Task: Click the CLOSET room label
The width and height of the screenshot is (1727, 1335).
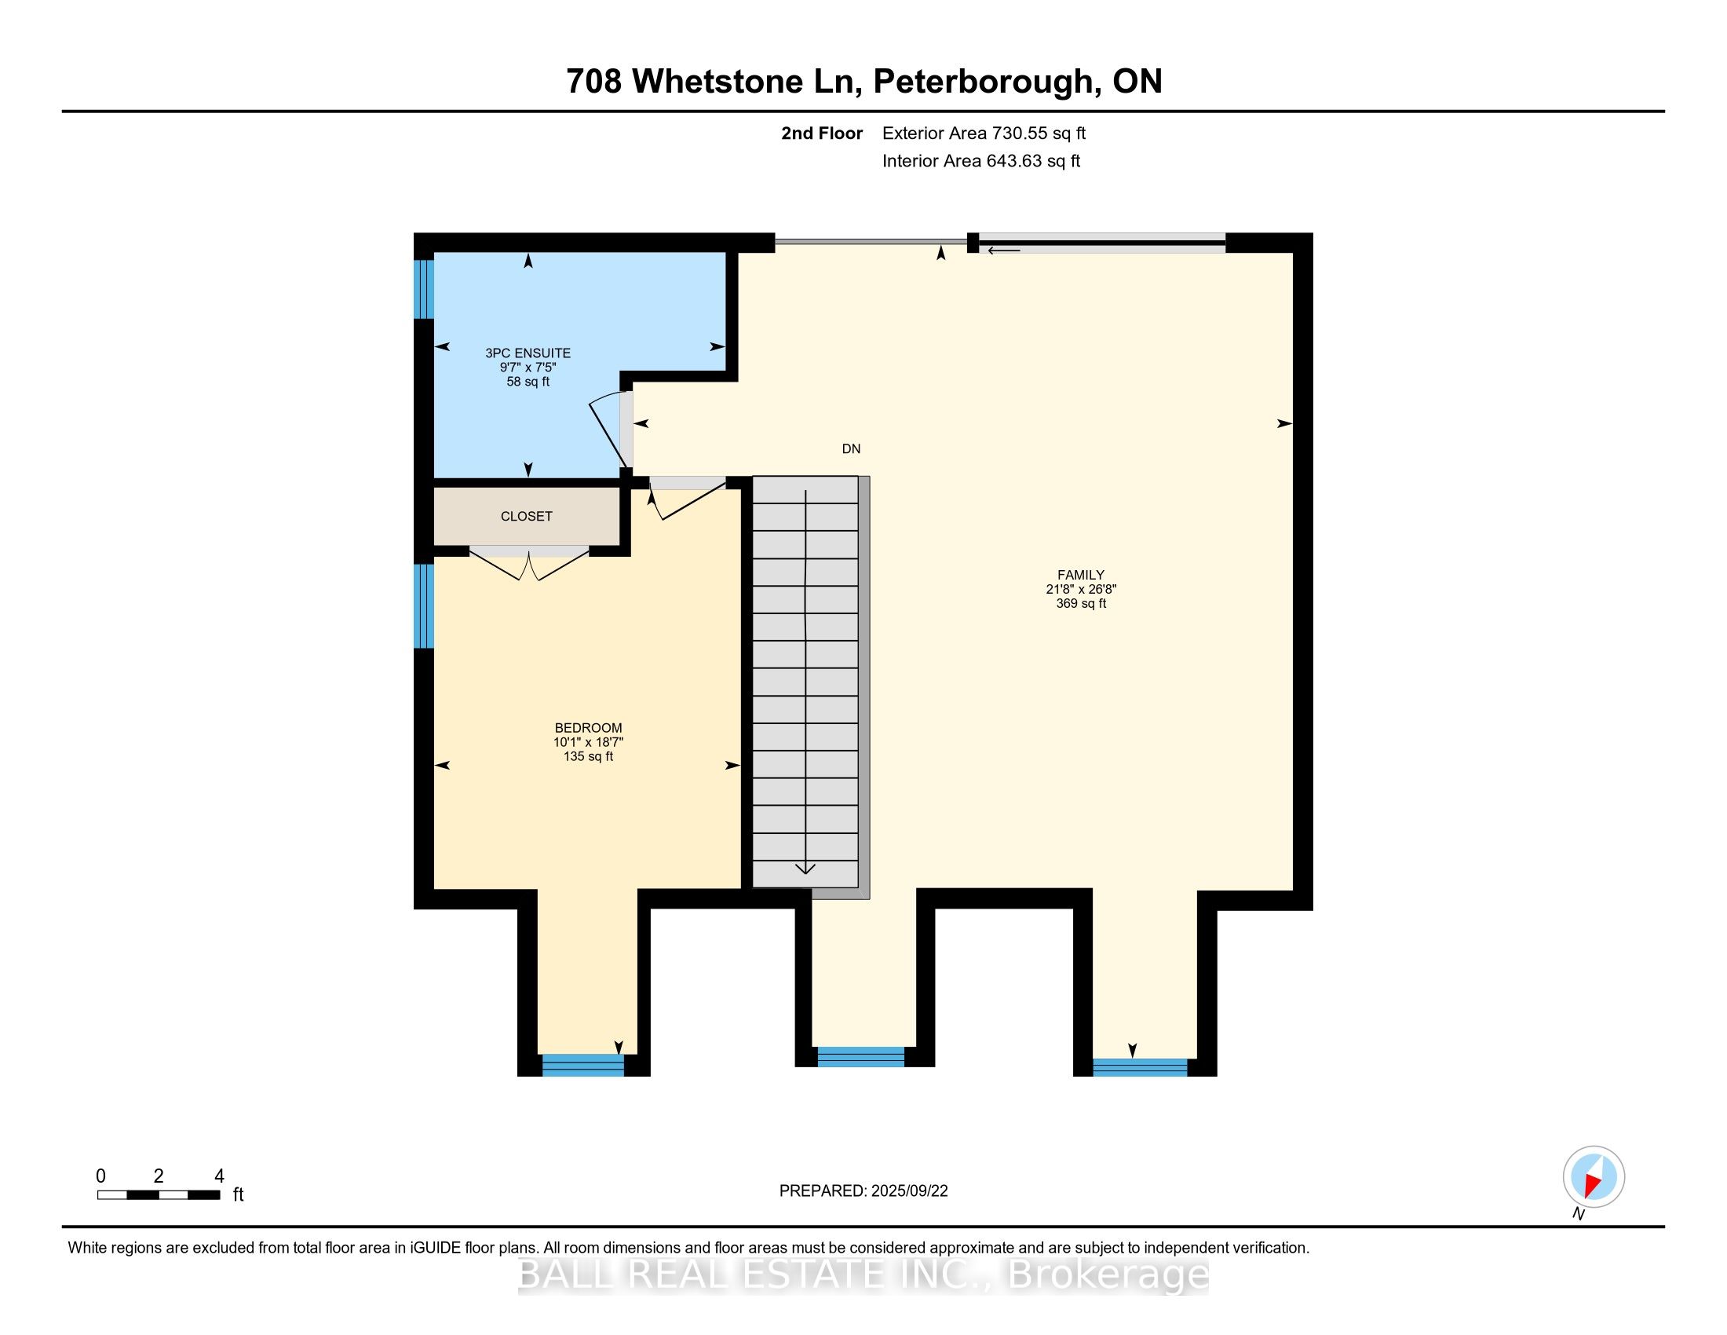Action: pos(526,517)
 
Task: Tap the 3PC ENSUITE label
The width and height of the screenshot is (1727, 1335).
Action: pos(528,353)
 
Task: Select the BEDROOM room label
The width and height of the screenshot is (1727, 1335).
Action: pos(588,729)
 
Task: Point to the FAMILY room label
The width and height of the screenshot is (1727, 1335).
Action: pos(1081,575)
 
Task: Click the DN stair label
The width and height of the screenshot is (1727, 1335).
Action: pos(851,449)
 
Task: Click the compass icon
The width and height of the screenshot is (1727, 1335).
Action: pos(1594,1178)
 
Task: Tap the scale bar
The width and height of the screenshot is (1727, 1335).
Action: pos(158,1195)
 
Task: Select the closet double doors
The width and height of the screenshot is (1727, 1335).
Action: pos(529,564)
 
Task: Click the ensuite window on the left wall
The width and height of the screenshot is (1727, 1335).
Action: pos(425,290)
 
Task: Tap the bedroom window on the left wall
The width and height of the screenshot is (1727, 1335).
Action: pos(425,605)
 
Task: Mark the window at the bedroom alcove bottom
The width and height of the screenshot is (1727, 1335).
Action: pos(582,1066)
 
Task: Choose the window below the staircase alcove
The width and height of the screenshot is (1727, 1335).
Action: pos(860,1056)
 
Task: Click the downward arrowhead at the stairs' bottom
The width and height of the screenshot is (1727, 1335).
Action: pos(805,869)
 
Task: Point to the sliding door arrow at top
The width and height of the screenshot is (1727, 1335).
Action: pos(1003,251)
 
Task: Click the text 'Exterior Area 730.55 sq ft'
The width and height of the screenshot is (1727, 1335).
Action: pos(984,133)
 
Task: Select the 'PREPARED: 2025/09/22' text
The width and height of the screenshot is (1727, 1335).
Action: pos(863,1191)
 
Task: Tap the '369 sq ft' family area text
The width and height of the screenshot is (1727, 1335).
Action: pos(1081,603)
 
